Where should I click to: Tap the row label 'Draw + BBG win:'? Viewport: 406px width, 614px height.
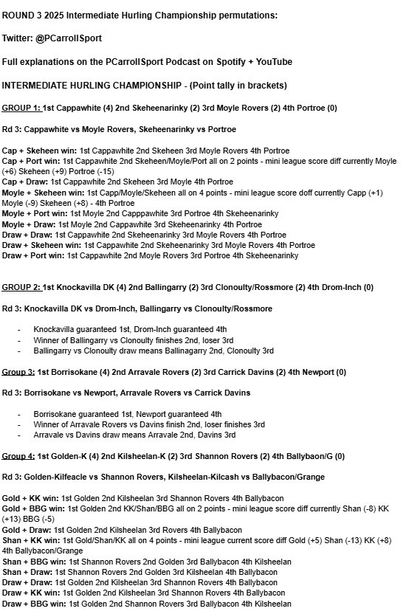pos(33,604)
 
